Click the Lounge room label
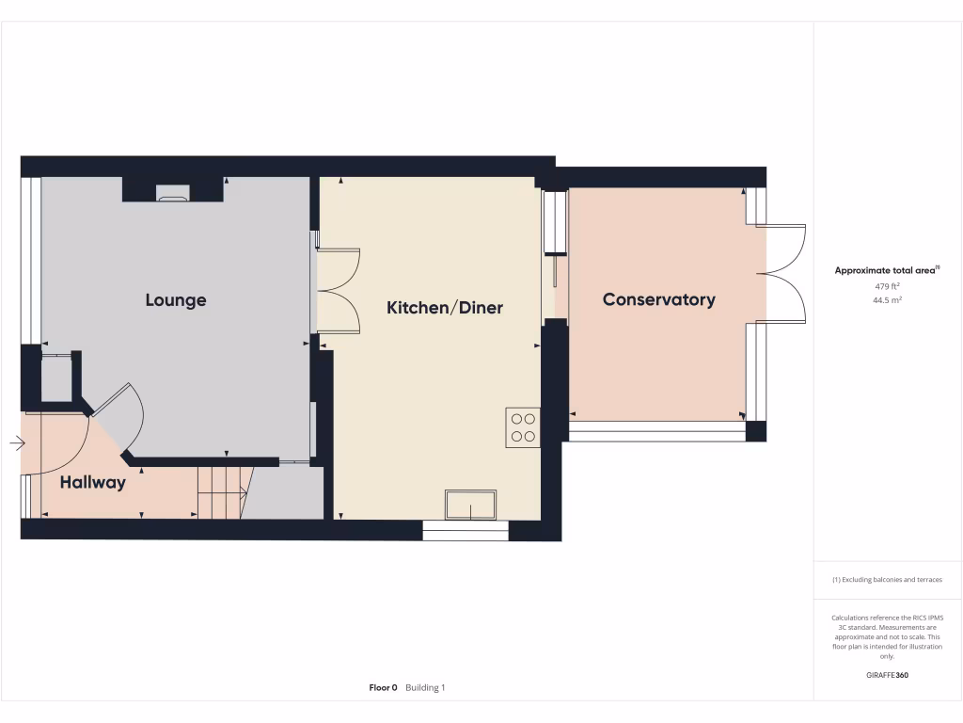pyautogui.click(x=176, y=300)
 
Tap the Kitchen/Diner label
pyautogui.click(x=445, y=307)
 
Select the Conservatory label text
pyautogui.click(x=658, y=299)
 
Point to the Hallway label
pyautogui.click(x=92, y=482)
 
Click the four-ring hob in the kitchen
pyautogui.click(x=523, y=427)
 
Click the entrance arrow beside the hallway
pyautogui.click(x=18, y=443)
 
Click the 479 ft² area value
pyautogui.click(x=887, y=285)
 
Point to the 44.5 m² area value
pyautogui.click(x=887, y=299)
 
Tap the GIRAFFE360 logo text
pyautogui.click(x=887, y=675)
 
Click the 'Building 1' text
pyautogui.click(x=425, y=687)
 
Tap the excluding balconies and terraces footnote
pyautogui.click(x=887, y=580)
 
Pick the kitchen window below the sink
pyautogui.click(x=466, y=530)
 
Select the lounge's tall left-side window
pyautogui.click(x=31, y=260)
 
